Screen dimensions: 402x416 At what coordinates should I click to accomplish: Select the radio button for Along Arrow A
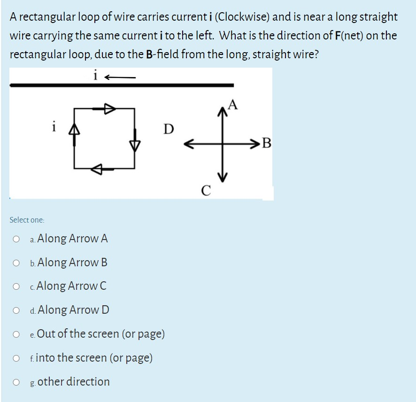(16, 239)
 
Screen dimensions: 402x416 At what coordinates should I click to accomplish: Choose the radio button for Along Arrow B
(16, 263)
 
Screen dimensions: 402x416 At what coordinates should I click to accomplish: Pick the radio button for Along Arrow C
(16, 286)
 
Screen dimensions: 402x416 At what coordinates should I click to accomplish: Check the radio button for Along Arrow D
(16, 310)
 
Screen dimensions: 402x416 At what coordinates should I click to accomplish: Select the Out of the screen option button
(16, 334)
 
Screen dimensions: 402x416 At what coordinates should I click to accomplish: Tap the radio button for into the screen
(16, 358)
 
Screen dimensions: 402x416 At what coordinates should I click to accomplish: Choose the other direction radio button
(16, 382)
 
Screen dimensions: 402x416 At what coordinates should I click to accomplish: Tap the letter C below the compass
(205, 191)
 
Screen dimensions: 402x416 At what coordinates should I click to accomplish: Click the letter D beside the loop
(168, 128)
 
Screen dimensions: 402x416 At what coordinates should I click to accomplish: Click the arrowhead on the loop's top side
(109, 108)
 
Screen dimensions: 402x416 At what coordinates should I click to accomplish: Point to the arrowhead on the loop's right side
(135, 145)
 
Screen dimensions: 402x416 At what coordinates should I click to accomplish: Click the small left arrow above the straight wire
(120, 77)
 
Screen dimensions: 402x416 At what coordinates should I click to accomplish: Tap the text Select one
(27, 220)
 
